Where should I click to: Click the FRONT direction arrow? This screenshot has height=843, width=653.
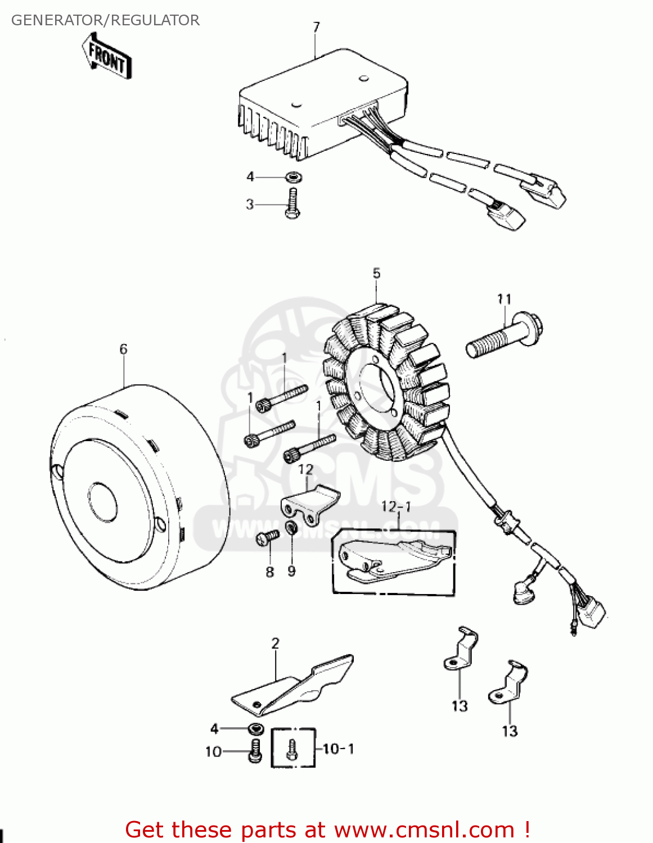107,56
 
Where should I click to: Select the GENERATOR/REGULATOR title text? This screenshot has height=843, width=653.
105,20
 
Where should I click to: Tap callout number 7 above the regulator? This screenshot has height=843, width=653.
316,27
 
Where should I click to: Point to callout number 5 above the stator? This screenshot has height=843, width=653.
376,273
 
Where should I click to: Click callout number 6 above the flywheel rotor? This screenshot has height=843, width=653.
124,349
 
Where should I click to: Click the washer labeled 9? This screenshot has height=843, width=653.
291,528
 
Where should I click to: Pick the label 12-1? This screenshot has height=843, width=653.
396,506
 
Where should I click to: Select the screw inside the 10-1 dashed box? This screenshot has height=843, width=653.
291,749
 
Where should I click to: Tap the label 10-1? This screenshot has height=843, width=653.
339,749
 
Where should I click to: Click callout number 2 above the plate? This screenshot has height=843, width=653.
275,643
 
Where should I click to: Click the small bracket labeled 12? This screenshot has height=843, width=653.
309,500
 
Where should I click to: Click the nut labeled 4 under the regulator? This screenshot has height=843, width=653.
292,177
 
